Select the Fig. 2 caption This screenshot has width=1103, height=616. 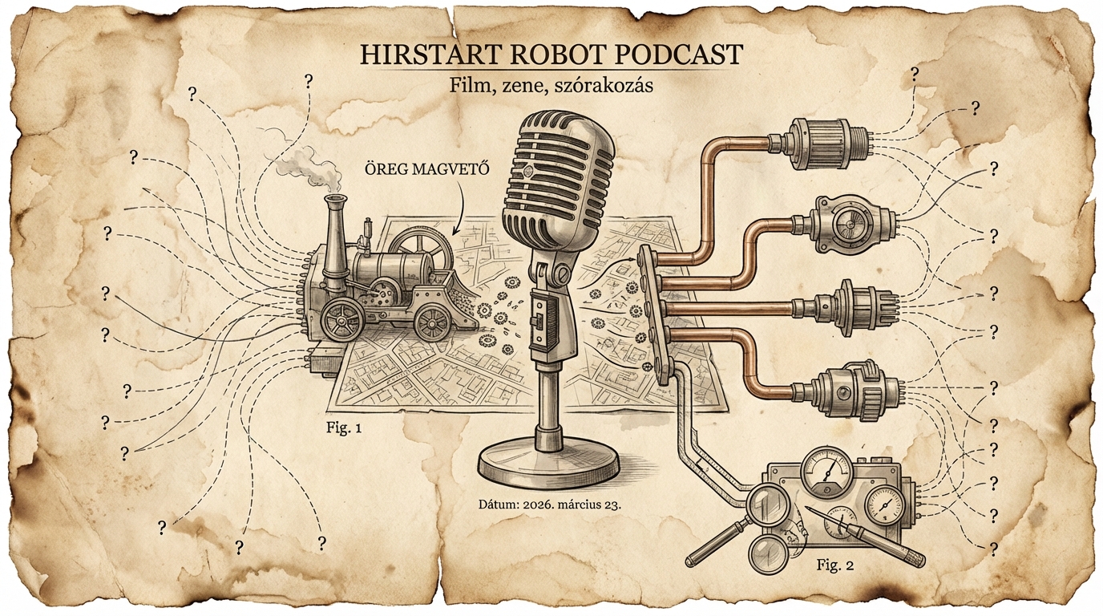click(834, 565)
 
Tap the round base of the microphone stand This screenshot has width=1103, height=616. click(548, 464)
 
